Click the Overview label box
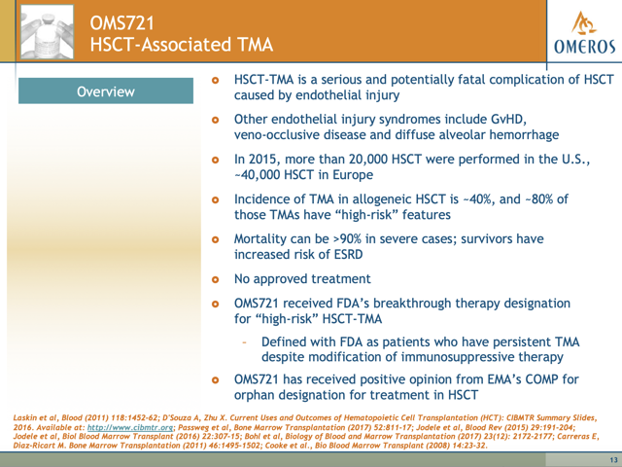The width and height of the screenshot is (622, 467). (x=106, y=90)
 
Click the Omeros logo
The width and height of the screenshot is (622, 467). (x=584, y=32)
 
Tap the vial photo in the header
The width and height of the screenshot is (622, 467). (x=47, y=32)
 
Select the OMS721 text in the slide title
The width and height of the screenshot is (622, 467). (x=121, y=23)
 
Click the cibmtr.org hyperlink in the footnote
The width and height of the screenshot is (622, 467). (x=130, y=428)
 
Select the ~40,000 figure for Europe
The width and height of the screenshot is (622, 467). (x=257, y=175)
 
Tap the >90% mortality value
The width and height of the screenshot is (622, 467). (x=347, y=239)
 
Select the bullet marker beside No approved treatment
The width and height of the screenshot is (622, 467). (x=216, y=279)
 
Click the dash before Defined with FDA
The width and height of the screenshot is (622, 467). (x=244, y=342)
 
